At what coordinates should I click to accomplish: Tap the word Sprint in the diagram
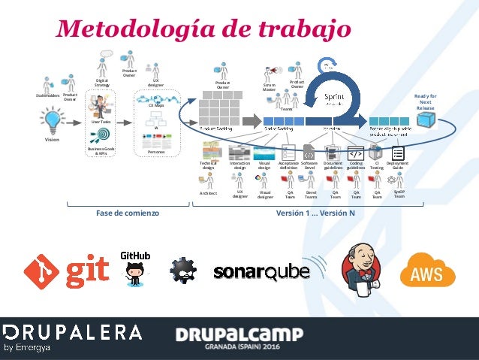[334, 97]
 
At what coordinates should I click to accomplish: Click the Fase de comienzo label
[128, 213]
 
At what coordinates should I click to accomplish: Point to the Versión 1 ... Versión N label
[315, 213]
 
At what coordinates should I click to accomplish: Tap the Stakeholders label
[47, 96]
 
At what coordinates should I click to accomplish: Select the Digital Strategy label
[102, 83]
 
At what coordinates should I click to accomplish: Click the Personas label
[156, 152]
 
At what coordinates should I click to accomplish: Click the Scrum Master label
[270, 87]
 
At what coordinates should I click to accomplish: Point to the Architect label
[208, 192]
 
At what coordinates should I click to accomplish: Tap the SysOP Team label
[399, 194]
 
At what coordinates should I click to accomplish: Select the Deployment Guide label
[397, 165]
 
